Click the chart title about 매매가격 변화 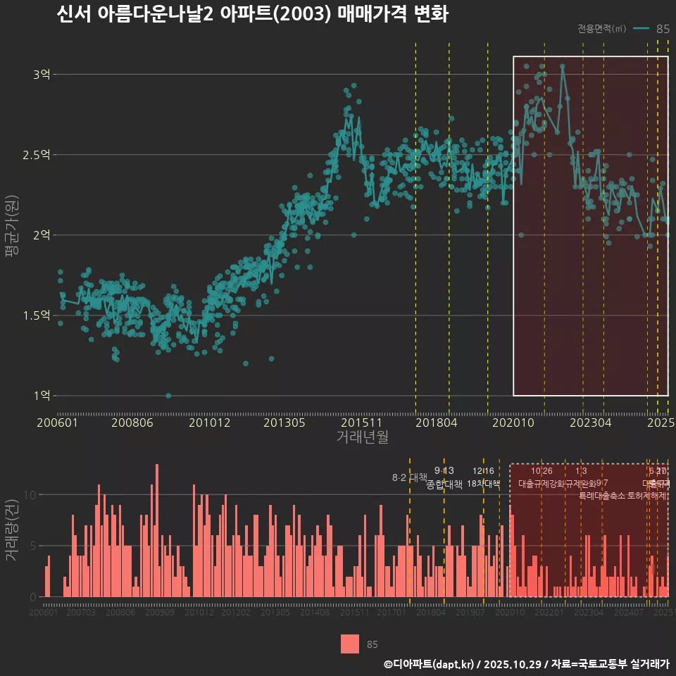point(252,15)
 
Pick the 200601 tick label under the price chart point(57,423)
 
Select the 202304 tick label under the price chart point(590,423)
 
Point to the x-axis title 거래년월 point(362,437)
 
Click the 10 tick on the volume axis point(28,494)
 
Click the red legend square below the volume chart point(350,644)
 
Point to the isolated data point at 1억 point(168,396)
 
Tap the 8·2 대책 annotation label point(409,477)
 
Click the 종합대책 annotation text point(444,484)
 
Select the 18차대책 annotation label point(483,484)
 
